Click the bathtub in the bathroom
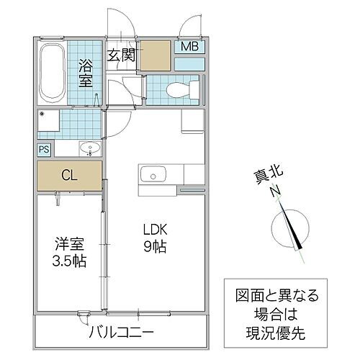(52, 74)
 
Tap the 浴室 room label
(86, 73)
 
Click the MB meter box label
(189, 48)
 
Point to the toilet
(177, 90)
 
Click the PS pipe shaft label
(45, 150)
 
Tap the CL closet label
(70, 175)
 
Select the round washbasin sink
(90, 149)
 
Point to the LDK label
(155, 230)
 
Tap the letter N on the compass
(274, 192)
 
